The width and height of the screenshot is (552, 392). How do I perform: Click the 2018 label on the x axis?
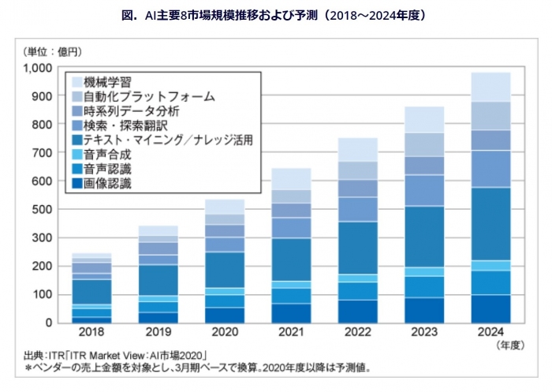[91, 333]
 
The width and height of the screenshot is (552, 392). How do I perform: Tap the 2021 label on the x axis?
[291, 333]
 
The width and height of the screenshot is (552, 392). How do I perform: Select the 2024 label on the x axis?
[490, 333]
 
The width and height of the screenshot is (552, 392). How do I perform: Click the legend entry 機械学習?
[106, 81]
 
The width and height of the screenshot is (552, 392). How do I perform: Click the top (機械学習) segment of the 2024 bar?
[490, 87]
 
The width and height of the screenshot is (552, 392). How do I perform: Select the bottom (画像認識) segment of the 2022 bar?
[357, 311]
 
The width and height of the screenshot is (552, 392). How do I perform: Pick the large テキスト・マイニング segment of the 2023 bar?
[423, 237]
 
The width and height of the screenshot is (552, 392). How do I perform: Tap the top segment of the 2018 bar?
[91, 255]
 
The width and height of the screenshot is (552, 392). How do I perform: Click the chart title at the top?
[276, 14]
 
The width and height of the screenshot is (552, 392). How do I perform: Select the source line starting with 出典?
[110, 356]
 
